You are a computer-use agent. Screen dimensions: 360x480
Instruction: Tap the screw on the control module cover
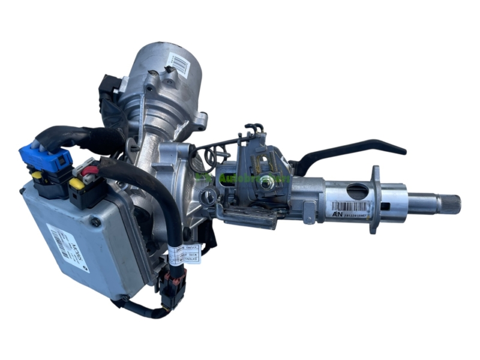tap(95, 221)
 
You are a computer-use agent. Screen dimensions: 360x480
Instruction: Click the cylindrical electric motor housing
tap(168, 78)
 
